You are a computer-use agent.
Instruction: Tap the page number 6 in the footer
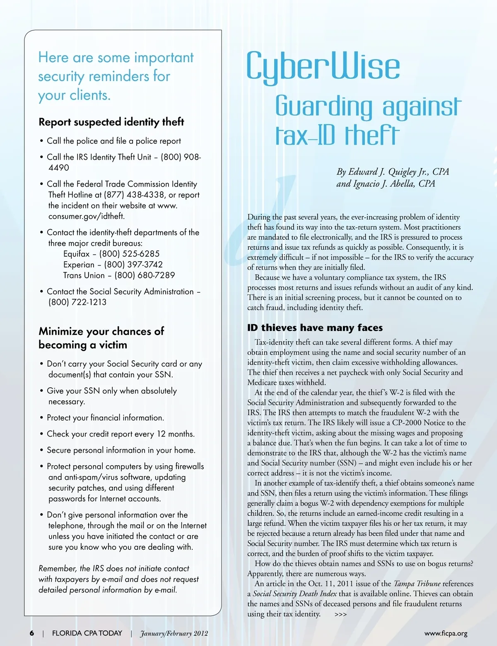click(x=32, y=633)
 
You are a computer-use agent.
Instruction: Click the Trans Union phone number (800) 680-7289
click(x=145, y=275)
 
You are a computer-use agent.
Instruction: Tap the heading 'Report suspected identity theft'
click(x=111, y=122)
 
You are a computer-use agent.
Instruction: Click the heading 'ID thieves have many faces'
click(x=315, y=328)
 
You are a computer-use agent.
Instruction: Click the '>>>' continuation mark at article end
click(x=340, y=614)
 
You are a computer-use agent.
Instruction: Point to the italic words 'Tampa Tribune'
click(x=417, y=584)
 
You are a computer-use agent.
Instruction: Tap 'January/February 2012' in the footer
click(x=174, y=634)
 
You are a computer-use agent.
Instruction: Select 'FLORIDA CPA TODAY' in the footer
click(x=87, y=633)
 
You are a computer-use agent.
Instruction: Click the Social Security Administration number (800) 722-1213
click(x=77, y=302)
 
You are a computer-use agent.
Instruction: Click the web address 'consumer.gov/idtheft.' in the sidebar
click(x=86, y=216)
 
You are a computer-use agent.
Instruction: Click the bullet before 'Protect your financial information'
click(x=41, y=418)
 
